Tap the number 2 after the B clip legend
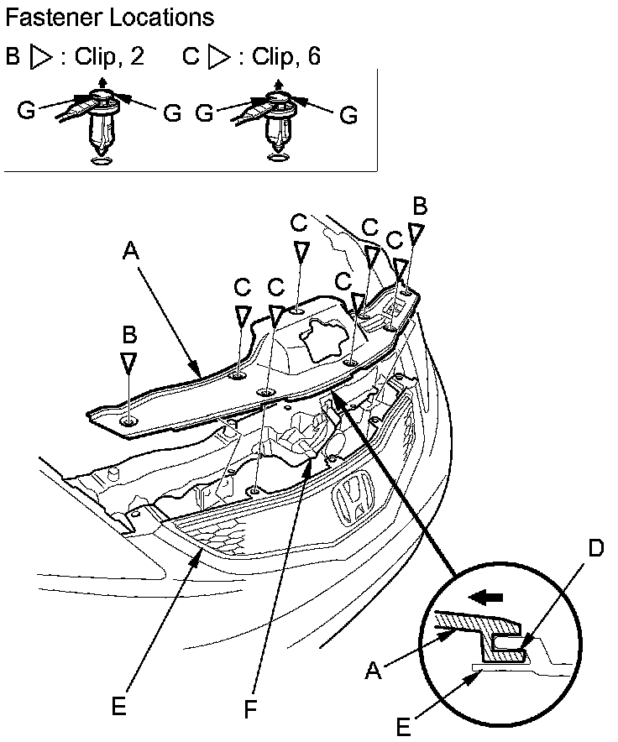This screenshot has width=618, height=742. (138, 56)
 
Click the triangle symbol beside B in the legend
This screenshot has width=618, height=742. (40, 56)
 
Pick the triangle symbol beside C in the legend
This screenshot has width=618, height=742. (218, 56)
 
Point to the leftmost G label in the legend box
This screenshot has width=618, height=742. (26, 110)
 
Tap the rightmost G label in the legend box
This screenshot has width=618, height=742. (348, 114)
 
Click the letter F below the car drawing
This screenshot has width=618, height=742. (249, 709)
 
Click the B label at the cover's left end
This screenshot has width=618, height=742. (128, 335)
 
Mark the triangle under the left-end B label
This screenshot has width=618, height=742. (128, 362)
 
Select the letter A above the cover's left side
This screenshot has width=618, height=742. (130, 249)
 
